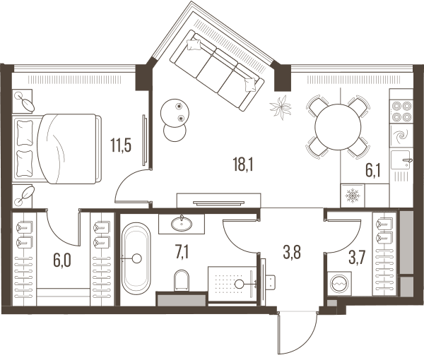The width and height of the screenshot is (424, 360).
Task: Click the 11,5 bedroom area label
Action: click(x=121, y=145)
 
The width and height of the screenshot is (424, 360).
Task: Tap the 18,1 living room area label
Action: click(x=243, y=164)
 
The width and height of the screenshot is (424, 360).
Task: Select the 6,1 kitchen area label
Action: click(x=373, y=170)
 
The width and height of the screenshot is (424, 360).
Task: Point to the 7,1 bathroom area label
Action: click(x=182, y=252)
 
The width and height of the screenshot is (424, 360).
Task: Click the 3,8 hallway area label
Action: click(x=292, y=252)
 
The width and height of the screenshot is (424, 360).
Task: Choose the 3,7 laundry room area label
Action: click(x=357, y=257)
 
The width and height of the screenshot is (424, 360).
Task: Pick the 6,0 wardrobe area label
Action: click(x=62, y=260)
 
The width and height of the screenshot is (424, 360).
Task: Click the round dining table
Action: click(x=338, y=126)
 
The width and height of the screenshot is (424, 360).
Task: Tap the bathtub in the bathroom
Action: click(x=136, y=258)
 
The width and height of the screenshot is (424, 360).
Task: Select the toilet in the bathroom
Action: click(x=182, y=280)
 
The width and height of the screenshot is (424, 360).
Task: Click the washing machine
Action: click(x=339, y=284)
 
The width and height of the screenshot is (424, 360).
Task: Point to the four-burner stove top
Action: click(x=401, y=112)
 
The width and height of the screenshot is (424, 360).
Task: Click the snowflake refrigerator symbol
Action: click(x=353, y=196)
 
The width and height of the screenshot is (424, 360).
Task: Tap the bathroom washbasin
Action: click(x=182, y=224)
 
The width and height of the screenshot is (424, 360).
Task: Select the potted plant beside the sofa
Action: click(x=281, y=107)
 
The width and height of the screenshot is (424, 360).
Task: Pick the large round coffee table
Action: click(x=175, y=113)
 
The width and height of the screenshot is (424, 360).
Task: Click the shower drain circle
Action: click(x=239, y=284)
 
